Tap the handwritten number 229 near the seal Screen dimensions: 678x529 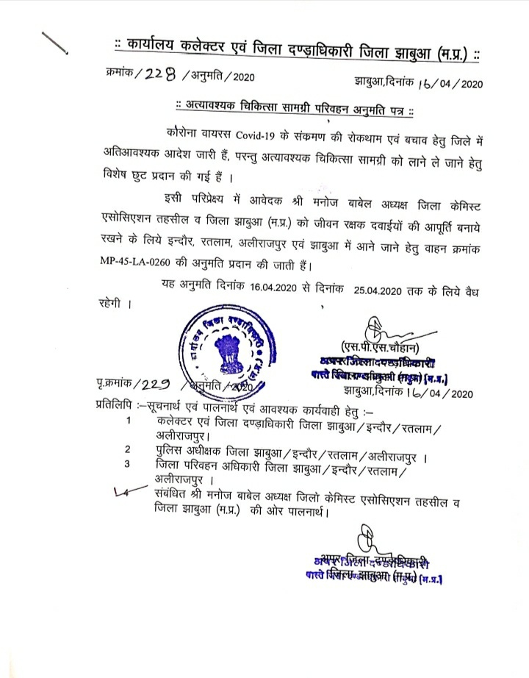click(152, 385)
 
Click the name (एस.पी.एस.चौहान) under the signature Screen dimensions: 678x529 click(378, 347)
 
